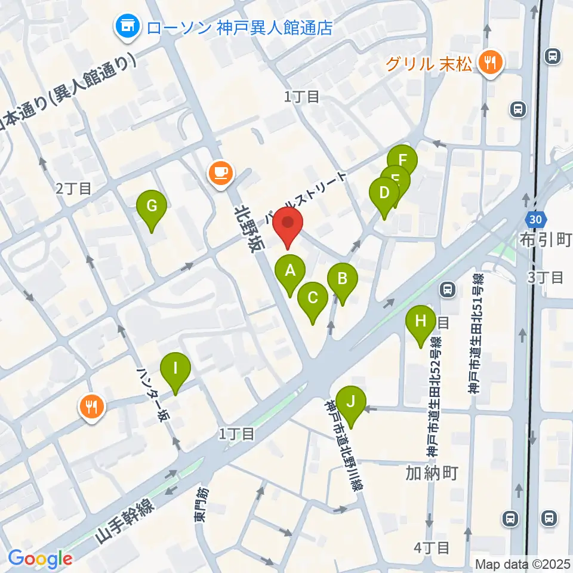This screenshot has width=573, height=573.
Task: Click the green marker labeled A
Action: pyautogui.click(x=290, y=272)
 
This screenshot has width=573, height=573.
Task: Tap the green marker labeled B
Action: pyautogui.click(x=343, y=279)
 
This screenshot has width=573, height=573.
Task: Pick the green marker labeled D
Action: pyautogui.click(x=384, y=193)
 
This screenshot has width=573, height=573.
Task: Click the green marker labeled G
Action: pyautogui.click(x=152, y=207)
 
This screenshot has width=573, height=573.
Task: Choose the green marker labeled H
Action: pyautogui.click(x=421, y=322)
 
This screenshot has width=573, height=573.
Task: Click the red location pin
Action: pyautogui.click(x=288, y=225)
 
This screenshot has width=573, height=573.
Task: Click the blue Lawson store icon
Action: pyautogui.click(x=127, y=26)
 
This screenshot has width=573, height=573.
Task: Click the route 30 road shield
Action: pyautogui.click(x=535, y=219)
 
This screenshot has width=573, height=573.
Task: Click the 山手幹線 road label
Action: pyautogui.click(x=125, y=523)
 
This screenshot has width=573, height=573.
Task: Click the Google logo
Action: pyautogui.click(x=40, y=559)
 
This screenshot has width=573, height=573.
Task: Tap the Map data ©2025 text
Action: pyautogui.click(x=523, y=563)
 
